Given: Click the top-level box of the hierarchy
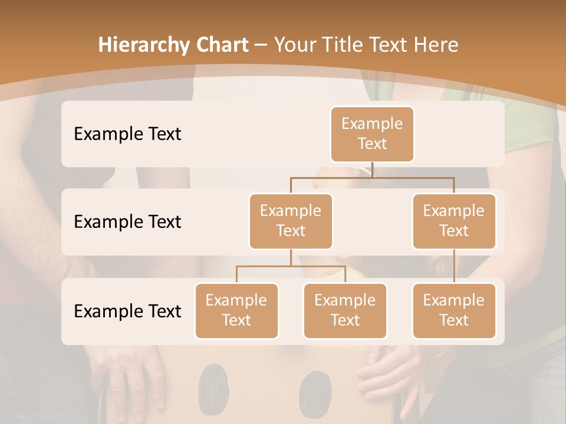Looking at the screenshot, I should pyautogui.click(x=372, y=134).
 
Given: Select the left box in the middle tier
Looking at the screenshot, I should pyautogui.click(x=291, y=221).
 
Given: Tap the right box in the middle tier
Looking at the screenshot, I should pyautogui.click(x=454, y=221).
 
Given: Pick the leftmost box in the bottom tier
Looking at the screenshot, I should pyautogui.click(x=236, y=310).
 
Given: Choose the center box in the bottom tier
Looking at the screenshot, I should pyautogui.click(x=345, y=310).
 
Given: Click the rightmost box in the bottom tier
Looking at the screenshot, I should pyautogui.click(x=454, y=310).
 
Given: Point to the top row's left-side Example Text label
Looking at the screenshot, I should pyautogui.click(x=127, y=134).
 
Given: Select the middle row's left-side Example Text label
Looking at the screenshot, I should pyautogui.click(x=127, y=222).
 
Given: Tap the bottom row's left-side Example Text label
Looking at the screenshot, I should pyautogui.click(x=127, y=311).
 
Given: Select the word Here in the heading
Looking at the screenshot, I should pyautogui.click(x=437, y=45).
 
